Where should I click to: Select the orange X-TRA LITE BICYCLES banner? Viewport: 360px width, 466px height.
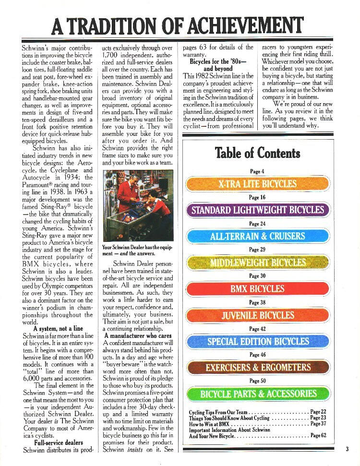point(257,184)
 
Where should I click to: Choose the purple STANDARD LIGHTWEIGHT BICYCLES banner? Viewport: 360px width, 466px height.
point(257,210)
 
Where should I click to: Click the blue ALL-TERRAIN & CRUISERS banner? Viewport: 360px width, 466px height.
point(257,236)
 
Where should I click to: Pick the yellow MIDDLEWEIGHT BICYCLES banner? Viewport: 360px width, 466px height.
point(257,262)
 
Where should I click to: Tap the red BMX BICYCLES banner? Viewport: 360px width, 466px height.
point(257,289)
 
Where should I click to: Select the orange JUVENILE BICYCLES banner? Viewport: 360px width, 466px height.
point(257,315)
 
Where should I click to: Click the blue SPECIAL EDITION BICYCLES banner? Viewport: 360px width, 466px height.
point(257,341)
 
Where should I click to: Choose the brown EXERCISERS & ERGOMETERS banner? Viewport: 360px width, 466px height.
point(257,368)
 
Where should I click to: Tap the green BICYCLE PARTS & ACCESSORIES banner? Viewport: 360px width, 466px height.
point(257,394)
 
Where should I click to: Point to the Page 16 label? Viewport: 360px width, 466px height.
point(257,197)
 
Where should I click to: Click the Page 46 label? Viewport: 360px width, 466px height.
point(257,355)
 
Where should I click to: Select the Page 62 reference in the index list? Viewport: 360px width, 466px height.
point(318,436)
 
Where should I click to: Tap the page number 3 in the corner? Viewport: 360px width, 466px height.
point(347,449)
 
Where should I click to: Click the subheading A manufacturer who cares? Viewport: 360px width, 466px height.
point(138,336)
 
